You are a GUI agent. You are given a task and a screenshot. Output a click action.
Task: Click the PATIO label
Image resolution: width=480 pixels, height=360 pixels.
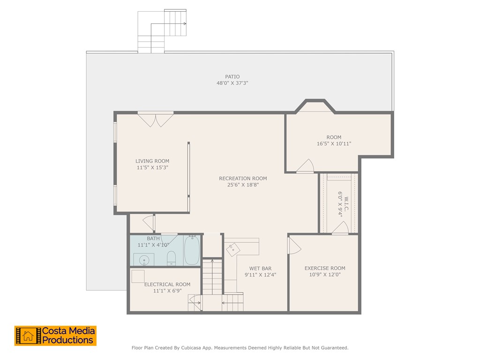(232, 76)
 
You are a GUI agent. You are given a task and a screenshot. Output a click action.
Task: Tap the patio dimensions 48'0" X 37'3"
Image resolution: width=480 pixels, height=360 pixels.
(232, 83)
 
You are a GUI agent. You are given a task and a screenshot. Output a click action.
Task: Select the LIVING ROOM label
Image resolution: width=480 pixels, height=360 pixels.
(152, 161)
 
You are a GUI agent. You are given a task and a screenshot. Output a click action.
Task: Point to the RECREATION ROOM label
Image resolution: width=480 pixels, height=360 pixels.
(243, 179)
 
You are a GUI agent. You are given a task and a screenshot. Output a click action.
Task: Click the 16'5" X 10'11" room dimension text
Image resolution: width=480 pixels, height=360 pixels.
(334, 143)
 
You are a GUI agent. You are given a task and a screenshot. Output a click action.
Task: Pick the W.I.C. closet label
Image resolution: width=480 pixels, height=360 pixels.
(346, 204)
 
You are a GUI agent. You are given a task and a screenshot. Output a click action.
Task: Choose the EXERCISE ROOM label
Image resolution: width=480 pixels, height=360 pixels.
(325, 268)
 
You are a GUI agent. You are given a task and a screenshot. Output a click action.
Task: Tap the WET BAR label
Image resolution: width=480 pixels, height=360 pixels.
(261, 269)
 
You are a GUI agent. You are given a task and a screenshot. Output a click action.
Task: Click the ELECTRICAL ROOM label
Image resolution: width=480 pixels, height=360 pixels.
(167, 285)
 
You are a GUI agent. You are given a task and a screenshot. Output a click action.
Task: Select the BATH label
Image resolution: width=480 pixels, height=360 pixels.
(153, 239)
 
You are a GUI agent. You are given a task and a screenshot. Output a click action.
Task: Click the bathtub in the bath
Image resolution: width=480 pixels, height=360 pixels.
(192, 250)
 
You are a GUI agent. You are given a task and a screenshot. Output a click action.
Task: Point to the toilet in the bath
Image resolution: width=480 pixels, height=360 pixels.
(171, 258)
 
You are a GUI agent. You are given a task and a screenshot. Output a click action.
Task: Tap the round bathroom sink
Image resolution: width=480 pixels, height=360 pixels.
(144, 260)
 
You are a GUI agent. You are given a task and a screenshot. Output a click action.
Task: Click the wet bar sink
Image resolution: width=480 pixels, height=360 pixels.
(233, 249)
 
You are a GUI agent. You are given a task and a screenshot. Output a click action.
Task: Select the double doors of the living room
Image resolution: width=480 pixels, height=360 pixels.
(156, 120)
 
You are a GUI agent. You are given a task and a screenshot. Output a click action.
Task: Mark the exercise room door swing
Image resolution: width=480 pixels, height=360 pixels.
(294, 246)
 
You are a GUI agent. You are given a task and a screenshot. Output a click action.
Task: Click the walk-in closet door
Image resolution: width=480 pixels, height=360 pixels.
(340, 228)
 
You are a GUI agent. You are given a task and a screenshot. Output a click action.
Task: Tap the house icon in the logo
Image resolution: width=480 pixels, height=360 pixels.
(28, 336)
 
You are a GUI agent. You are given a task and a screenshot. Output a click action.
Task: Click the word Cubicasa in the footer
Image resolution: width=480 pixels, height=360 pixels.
(191, 348)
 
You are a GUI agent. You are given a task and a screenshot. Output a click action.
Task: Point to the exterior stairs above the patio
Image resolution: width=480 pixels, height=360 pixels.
(162, 31)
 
